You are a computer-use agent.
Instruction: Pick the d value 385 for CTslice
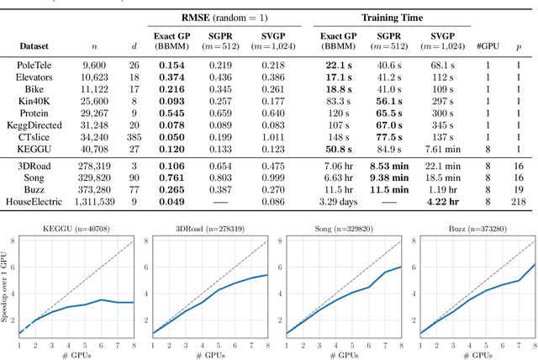(x=134, y=135)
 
